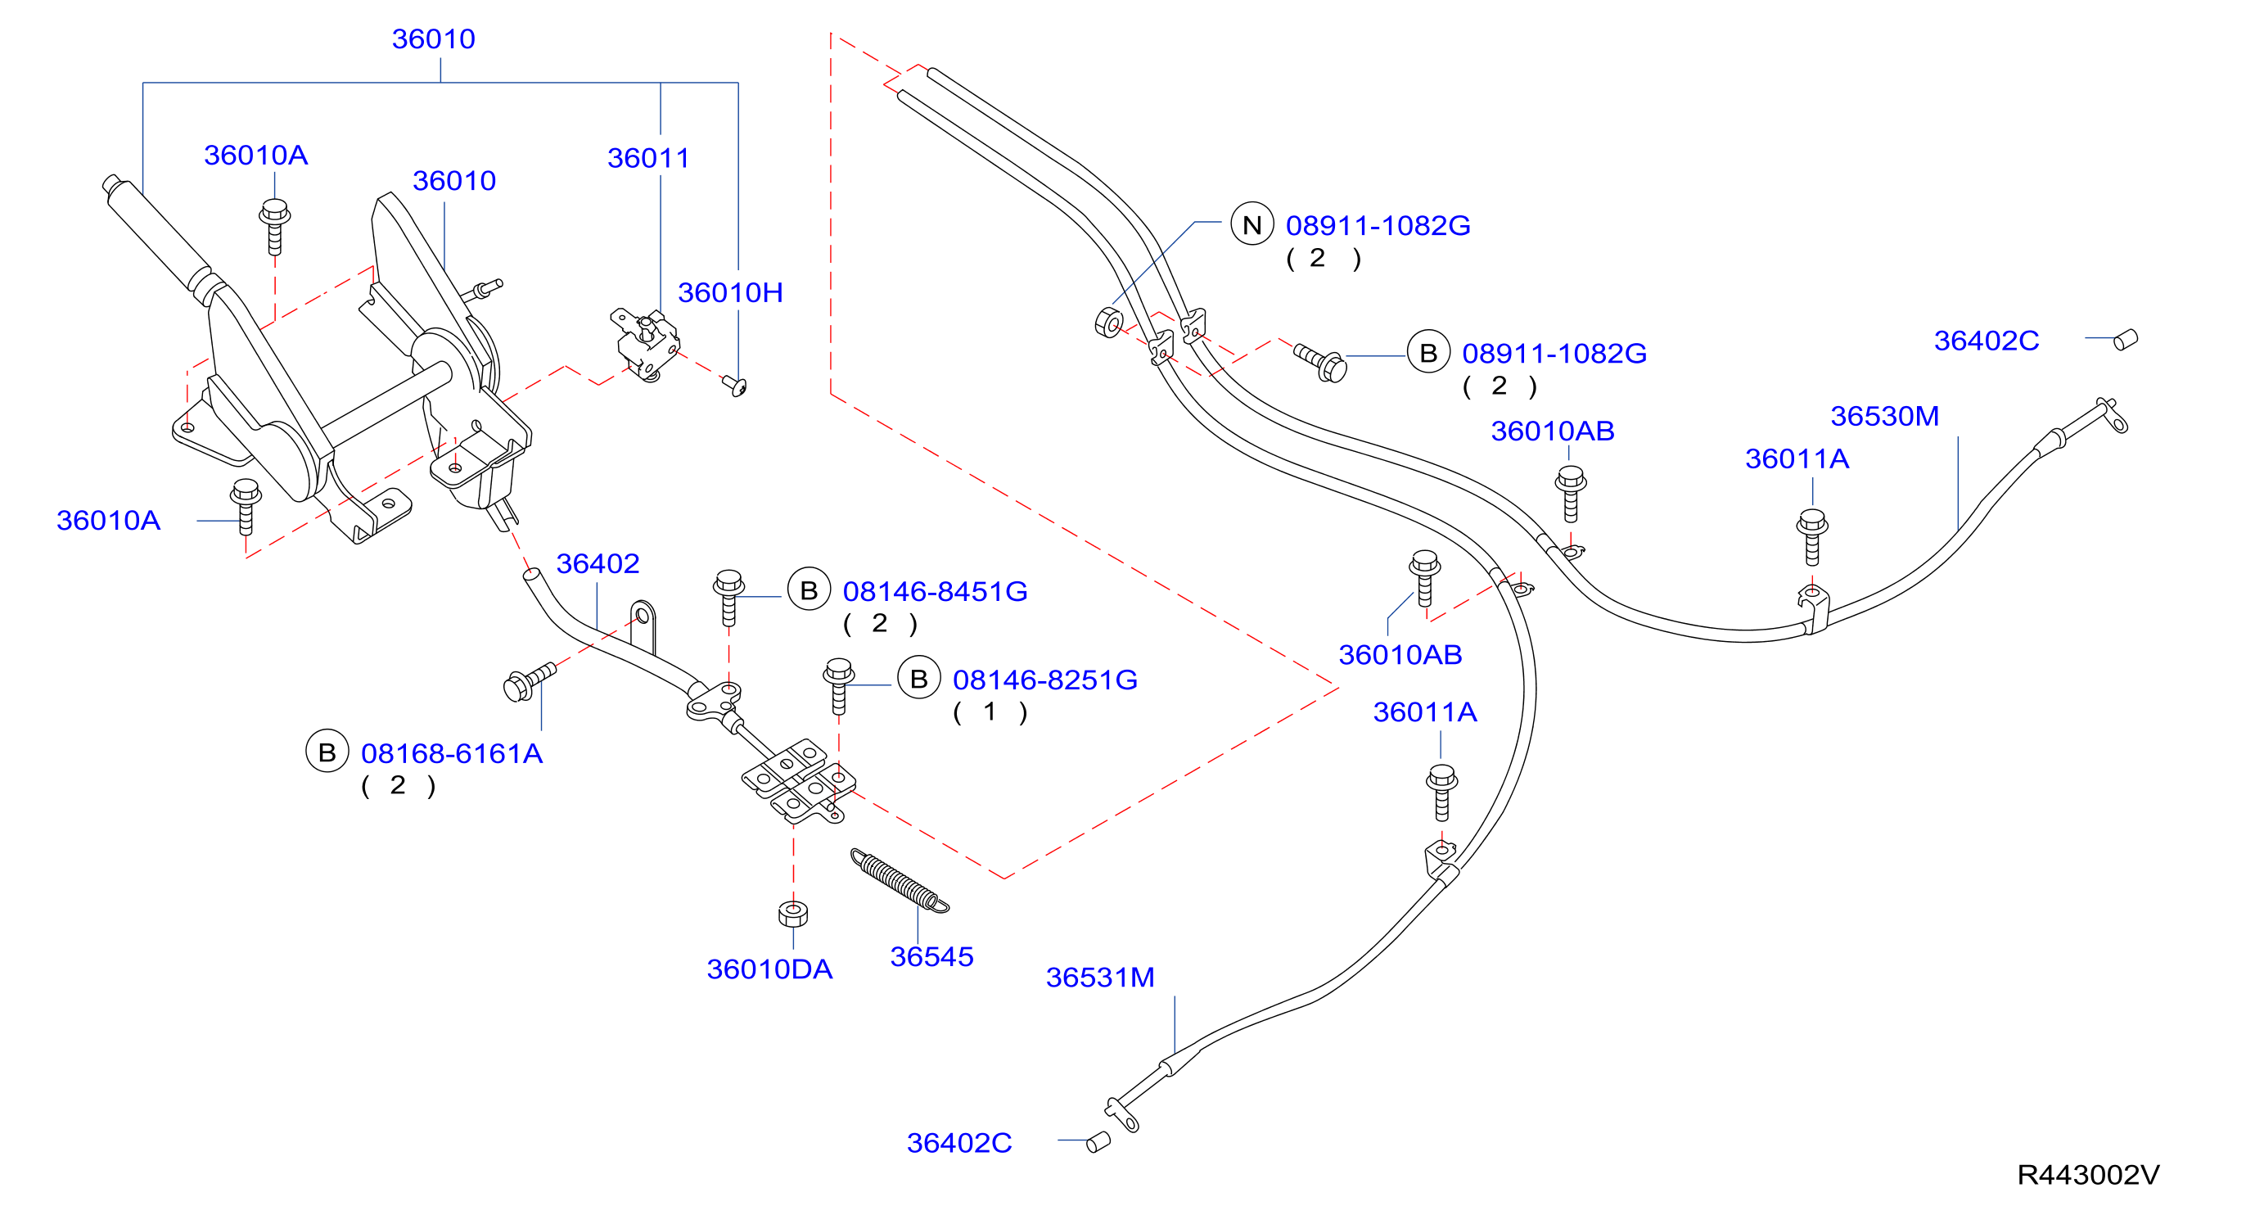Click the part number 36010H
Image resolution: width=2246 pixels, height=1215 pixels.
[730, 292]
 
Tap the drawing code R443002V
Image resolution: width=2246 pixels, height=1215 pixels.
[2088, 1175]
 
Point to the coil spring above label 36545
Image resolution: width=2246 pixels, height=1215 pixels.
[900, 880]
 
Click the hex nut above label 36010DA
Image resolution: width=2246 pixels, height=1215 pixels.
[792, 913]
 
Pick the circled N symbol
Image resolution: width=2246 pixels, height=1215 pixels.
[1252, 224]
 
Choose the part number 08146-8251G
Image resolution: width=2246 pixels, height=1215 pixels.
[1044, 680]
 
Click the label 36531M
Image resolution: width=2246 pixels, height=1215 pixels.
[1100, 977]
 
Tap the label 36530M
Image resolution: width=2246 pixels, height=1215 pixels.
[1884, 416]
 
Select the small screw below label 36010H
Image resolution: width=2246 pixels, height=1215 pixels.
[737, 385]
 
